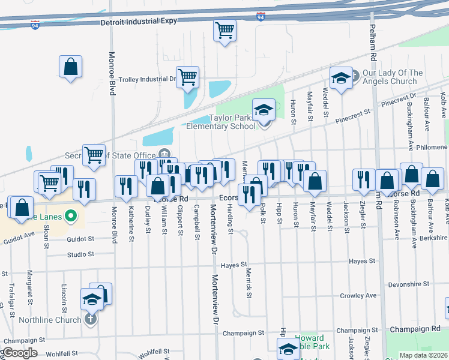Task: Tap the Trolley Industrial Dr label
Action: pos(148,79)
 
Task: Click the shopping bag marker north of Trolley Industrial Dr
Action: pos(71,67)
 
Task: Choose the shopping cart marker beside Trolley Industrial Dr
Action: pos(188,77)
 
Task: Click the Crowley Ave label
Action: pos(358,295)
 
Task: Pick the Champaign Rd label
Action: pos(415,330)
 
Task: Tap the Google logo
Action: pos(20,352)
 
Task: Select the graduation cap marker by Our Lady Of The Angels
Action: pos(341,79)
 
